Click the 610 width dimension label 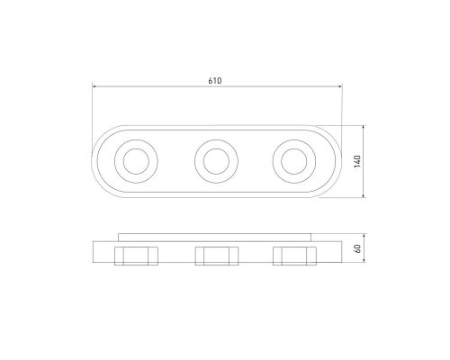pyautogui.click(x=215, y=81)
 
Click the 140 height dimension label pyautogui.click(x=357, y=161)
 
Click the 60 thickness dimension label pyautogui.click(x=357, y=248)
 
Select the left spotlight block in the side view pyautogui.click(x=136, y=256)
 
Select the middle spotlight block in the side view pyautogui.click(x=217, y=256)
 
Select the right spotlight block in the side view pyautogui.click(x=294, y=256)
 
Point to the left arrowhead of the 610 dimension pyautogui.click(x=94, y=86)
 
